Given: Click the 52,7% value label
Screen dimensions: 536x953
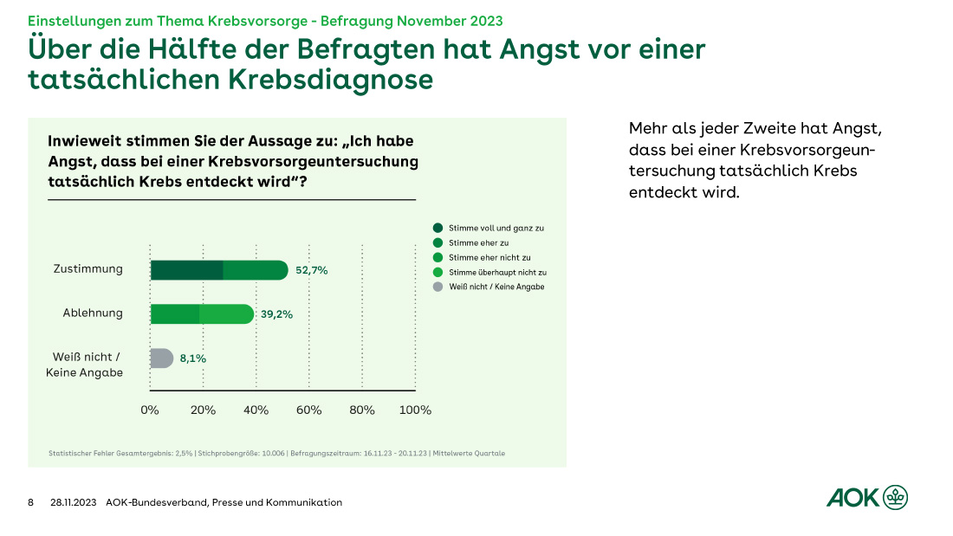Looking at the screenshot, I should point(312,271).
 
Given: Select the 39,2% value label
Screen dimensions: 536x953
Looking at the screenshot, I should point(277,314).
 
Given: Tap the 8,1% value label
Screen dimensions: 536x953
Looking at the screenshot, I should point(192,358).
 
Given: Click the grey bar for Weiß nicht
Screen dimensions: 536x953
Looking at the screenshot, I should point(161,358).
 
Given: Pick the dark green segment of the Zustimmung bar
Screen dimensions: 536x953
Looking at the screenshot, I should point(186,270).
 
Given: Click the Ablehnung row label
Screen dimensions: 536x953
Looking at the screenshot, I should point(94,313).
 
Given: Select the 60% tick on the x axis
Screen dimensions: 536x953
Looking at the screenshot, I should point(309,410).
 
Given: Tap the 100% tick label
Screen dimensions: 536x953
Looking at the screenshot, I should point(415,410).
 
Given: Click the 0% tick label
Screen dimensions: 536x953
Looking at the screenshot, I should point(150,410).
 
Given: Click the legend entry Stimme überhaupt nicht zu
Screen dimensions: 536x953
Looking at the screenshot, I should point(496,272).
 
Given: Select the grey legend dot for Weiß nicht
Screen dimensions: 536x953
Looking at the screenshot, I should point(438,287).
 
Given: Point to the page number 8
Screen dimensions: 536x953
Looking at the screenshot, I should point(31,502).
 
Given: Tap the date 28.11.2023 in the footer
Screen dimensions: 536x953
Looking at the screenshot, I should point(74,502).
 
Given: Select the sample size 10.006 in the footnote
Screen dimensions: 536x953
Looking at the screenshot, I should point(273,453).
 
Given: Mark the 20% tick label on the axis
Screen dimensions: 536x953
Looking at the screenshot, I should point(203,410).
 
